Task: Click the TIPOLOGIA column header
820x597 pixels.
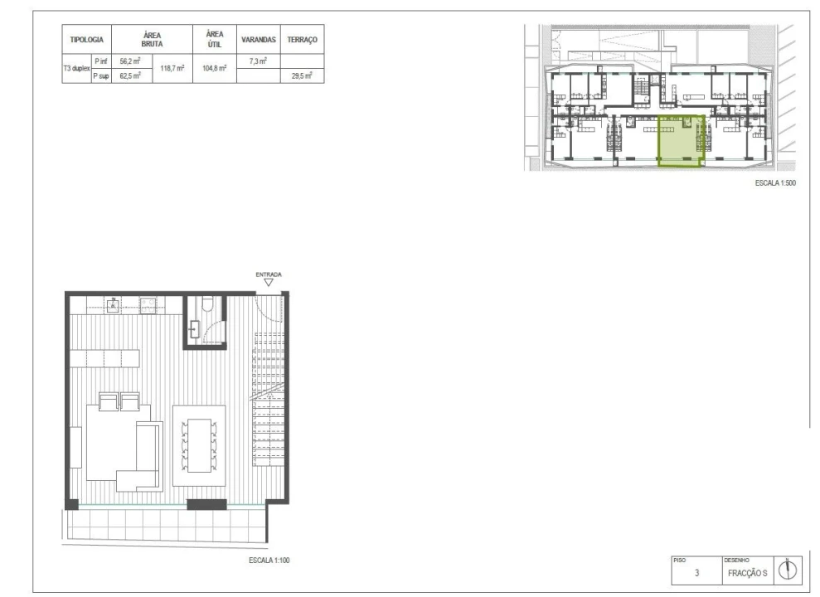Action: (87, 40)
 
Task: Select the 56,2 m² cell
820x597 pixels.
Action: (130, 61)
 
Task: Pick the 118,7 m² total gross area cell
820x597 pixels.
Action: (172, 68)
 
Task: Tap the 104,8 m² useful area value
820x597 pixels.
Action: (215, 68)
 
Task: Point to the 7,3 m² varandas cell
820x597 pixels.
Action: (259, 61)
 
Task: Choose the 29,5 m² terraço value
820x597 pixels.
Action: (303, 75)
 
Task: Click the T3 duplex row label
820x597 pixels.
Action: (77, 69)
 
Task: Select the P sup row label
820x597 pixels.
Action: (101, 75)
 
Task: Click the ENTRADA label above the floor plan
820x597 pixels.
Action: (269, 274)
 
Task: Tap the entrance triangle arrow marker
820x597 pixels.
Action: (269, 282)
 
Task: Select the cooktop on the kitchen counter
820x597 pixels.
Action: (148, 305)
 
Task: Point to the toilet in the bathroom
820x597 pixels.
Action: (207, 303)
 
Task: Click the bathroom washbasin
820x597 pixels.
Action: (195, 330)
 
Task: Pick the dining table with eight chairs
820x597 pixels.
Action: (199, 445)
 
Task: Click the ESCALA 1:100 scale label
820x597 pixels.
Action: (269, 561)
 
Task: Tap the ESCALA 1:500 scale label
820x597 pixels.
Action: (775, 183)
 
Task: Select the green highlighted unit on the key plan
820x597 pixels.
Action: (681, 141)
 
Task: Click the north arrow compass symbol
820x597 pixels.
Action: (788, 570)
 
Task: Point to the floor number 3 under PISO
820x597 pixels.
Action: (696, 573)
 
